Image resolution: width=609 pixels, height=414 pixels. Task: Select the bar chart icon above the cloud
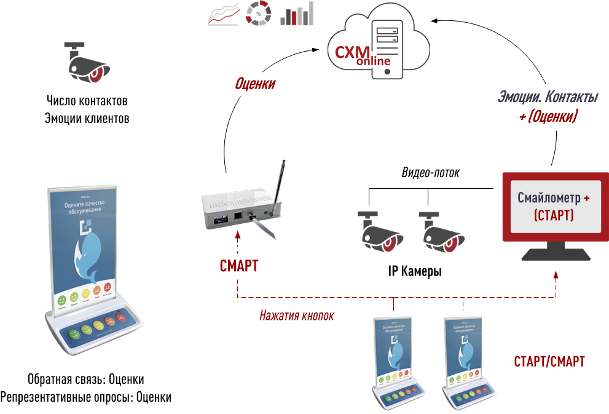click(297, 14)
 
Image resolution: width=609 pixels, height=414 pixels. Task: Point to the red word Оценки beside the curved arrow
click(255, 84)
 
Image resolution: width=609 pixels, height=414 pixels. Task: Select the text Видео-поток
click(431, 173)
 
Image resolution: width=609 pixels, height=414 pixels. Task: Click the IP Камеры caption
click(415, 271)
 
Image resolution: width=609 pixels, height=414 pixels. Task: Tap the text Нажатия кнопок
click(297, 316)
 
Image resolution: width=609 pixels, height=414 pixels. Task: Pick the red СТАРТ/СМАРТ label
click(549, 361)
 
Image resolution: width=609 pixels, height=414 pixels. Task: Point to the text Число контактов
click(87, 100)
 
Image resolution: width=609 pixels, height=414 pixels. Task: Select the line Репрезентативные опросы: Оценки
click(86, 397)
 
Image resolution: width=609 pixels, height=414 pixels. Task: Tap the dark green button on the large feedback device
click(73, 333)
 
